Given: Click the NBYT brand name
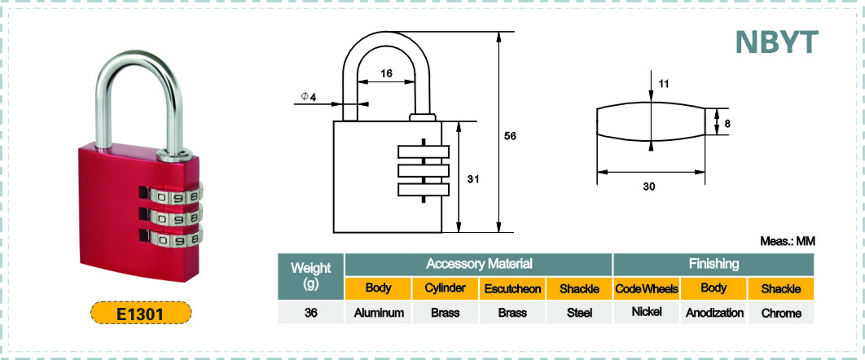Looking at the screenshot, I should point(775,42).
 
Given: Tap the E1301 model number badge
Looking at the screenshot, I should point(139,313).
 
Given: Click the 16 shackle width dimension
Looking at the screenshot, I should point(386,73).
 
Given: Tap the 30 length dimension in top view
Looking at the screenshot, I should point(649,187).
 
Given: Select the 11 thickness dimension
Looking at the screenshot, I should point(664,84).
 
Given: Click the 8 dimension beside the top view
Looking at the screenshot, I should point(727,124).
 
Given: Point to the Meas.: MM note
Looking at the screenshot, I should point(788,241).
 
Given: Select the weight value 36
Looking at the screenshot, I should point(310,312).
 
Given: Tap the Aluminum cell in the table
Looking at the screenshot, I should point(378,313).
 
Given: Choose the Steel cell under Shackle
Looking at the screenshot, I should point(579,313).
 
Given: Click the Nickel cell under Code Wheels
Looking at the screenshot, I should point(646,313).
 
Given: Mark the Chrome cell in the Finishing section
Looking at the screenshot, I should point(781,313).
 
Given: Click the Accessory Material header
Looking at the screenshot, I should point(479,264).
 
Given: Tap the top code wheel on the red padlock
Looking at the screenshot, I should point(173,196).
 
